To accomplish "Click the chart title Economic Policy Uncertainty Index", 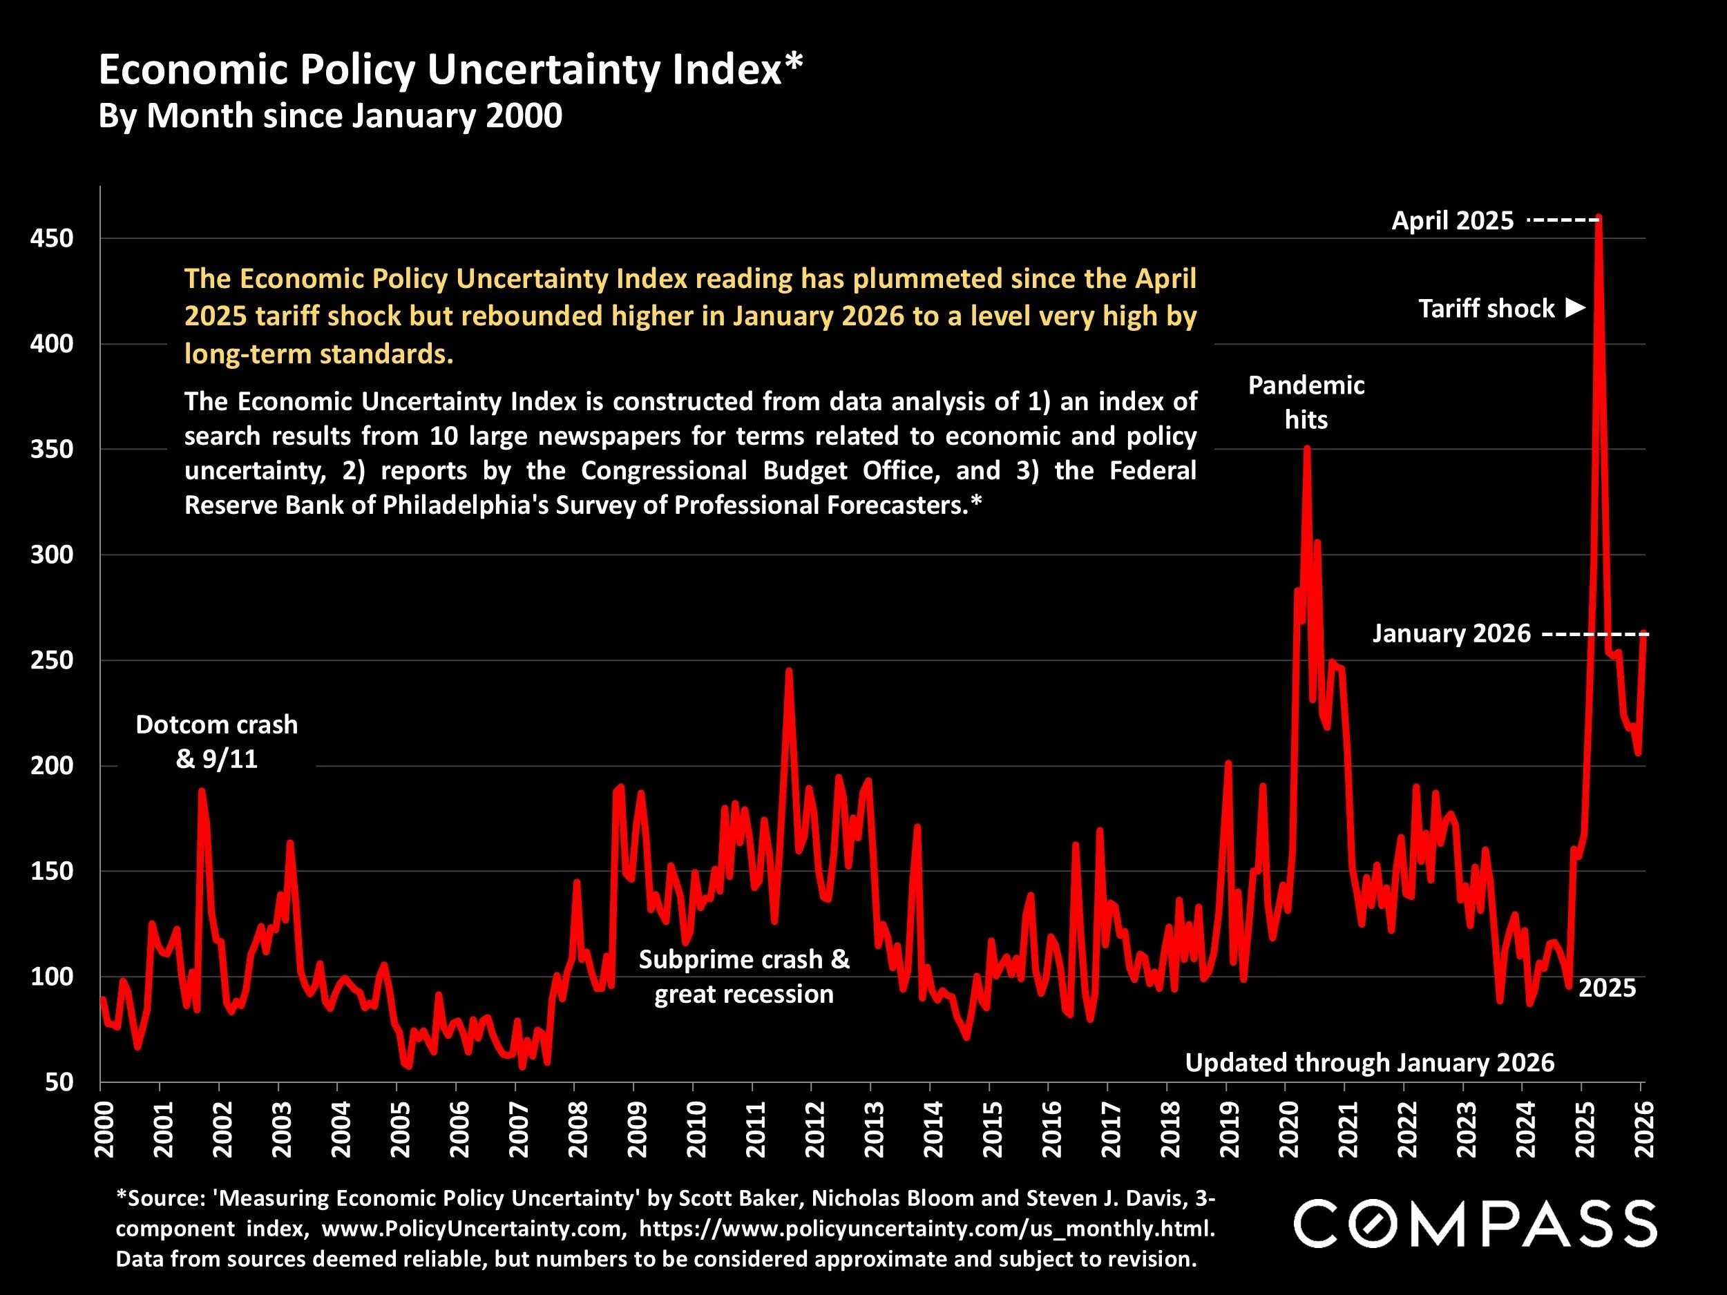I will pyautogui.click(x=450, y=70).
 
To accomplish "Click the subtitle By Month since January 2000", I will pyautogui.click(x=330, y=116).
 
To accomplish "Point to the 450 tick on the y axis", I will pyautogui.click(x=52, y=238).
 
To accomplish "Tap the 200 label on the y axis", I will pyautogui.click(x=52, y=766).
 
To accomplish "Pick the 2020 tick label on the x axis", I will pyautogui.click(x=1288, y=1129).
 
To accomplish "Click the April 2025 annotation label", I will pyautogui.click(x=1452, y=221).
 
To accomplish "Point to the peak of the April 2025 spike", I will pyautogui.click(x=1599, y=218).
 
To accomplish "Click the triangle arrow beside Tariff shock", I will pyautogui.click(x=1576, y=307).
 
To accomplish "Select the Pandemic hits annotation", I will pyautogui.click(x=1306, y=402).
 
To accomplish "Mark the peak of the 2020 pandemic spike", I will pyautogui.click(x=1306, y=448).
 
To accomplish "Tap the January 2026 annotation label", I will pyautogui.click(x=1451, y=633).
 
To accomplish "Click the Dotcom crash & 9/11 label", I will pyautogui.click(x=217, y=742).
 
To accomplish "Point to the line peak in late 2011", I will pyautogui.click(x=789, y=670).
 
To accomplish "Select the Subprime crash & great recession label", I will pyautogui.click(x=744, y=977).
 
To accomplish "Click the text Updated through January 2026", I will pyautogui.click(x=1369, y=1062).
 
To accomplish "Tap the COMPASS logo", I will pyautogui.click(x=1475, y=1224).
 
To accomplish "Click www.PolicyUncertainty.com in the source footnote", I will pyautogui.click(x=474, y=1229).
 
